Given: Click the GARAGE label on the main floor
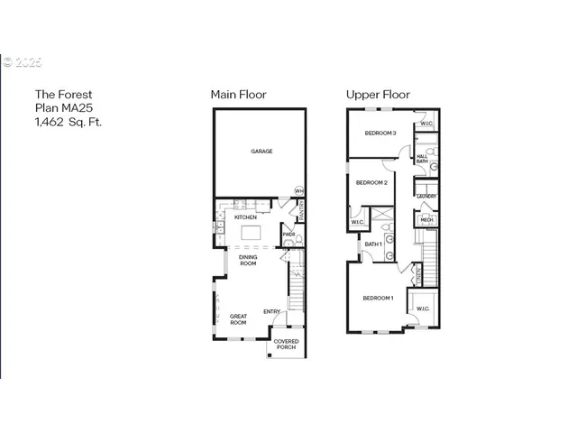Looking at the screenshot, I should tap(261, 152).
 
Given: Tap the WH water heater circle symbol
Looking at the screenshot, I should tap(299, 190).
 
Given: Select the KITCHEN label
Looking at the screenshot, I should tap(246, 217).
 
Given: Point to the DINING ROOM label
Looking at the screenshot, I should tap(248, 260).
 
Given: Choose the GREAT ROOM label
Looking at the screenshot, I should tap(238, 318).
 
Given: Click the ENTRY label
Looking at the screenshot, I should tap(271, 312).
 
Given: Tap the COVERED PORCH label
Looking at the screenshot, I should tap(286, 345).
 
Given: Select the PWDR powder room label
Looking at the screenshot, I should tap(288, 235).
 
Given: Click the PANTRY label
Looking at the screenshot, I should tap(302, 210).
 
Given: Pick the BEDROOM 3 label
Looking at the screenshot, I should tap(380, 133).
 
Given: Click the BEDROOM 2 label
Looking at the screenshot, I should tap(371, 183).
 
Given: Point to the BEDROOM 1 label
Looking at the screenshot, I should tap(378, 298).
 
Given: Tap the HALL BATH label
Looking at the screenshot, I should tap(422, 159).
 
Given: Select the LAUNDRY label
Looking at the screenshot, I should tap(426, 197).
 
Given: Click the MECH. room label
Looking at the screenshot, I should tap(426, 219).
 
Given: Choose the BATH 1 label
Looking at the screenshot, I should tap(373, 244).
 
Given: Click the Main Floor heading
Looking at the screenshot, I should tap(238, 94).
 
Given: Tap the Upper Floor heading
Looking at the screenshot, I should tap(378, 94).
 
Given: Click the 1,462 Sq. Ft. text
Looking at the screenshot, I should tap(69, 122).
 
